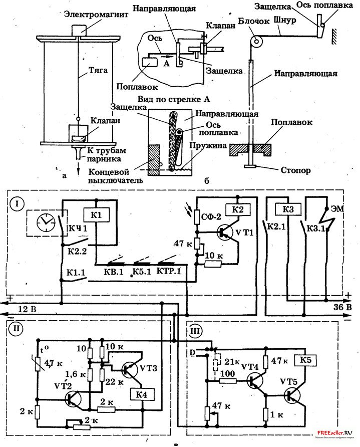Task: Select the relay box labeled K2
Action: (x=238, y=209)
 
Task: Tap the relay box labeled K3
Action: (x=287, y=209)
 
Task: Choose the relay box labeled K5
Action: (x=307, y=359)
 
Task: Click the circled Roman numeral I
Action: (x=18, y=204)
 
